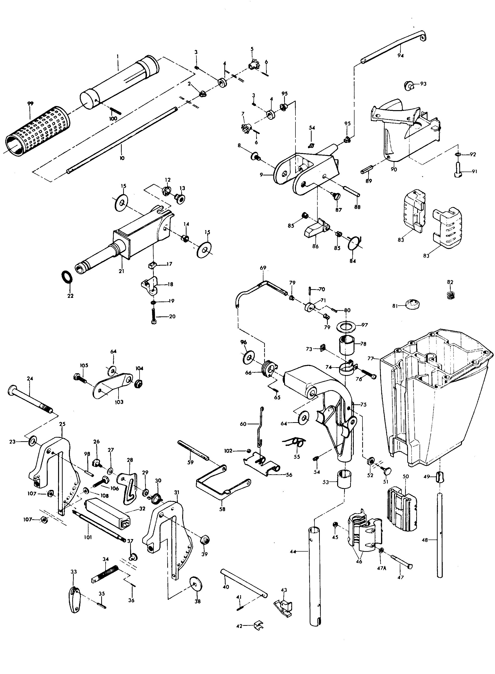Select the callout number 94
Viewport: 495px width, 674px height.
tap(401, 55)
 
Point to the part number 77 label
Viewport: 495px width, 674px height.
tap(371, 358)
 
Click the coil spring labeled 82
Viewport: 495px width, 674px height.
tap(449, 295)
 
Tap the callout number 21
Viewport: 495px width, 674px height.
tap(121, 271)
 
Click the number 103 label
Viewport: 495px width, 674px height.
tap(119, 402)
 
